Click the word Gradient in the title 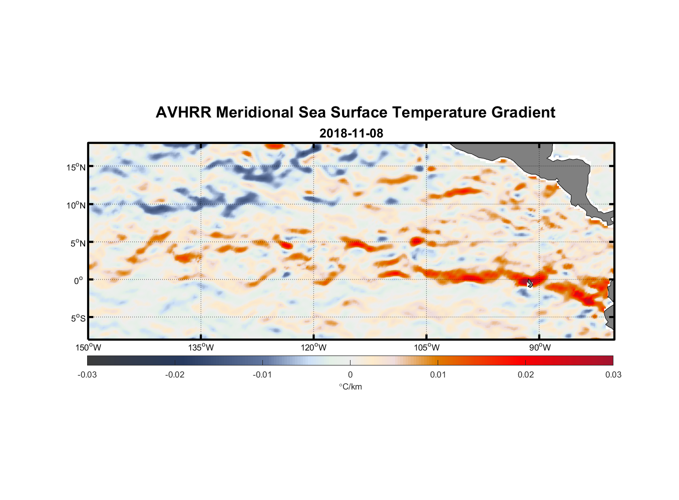coord(523,112)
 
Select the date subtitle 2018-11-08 coord(351,133)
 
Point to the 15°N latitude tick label coord(76,167)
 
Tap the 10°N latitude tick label coord(76,205)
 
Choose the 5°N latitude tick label coord(78,243)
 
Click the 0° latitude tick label coord(79,280)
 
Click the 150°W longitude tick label coord(88,347)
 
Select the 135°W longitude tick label coord(201,347)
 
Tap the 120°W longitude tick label coord(313,347)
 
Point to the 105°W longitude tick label coord(427,347)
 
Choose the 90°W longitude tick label coord(540,347)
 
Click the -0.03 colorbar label coord(87,375)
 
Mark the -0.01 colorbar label coord(262,375)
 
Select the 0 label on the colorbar coord(350,375)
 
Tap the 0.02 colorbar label coord(526,375)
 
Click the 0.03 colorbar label coord(613,375)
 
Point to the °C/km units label coord(351,386)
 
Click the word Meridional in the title coord(255,112)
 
